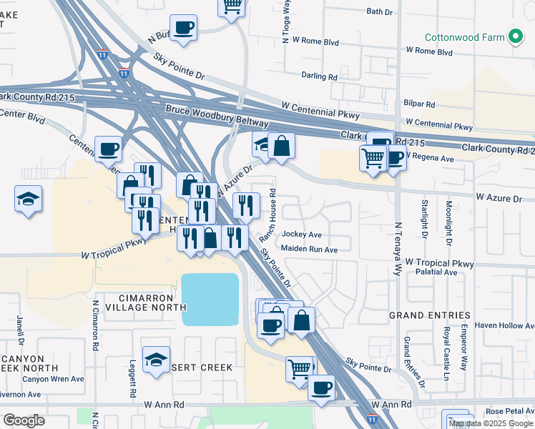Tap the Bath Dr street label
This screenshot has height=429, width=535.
tap(379, 11)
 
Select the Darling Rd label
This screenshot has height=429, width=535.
tap(319, 76)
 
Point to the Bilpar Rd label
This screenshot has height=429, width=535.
tap(419, 104)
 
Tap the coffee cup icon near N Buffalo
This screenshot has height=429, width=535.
tap(184, 29)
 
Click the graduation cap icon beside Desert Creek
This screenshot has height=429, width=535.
tap(155, 361)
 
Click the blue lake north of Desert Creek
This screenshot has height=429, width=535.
tap(210, 299)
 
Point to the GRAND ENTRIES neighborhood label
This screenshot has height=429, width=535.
tap(429, 315)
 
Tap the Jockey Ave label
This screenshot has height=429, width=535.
tap(302, 235)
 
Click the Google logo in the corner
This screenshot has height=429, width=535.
tap(23, 420)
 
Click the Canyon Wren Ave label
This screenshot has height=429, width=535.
tap(53, 379)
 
